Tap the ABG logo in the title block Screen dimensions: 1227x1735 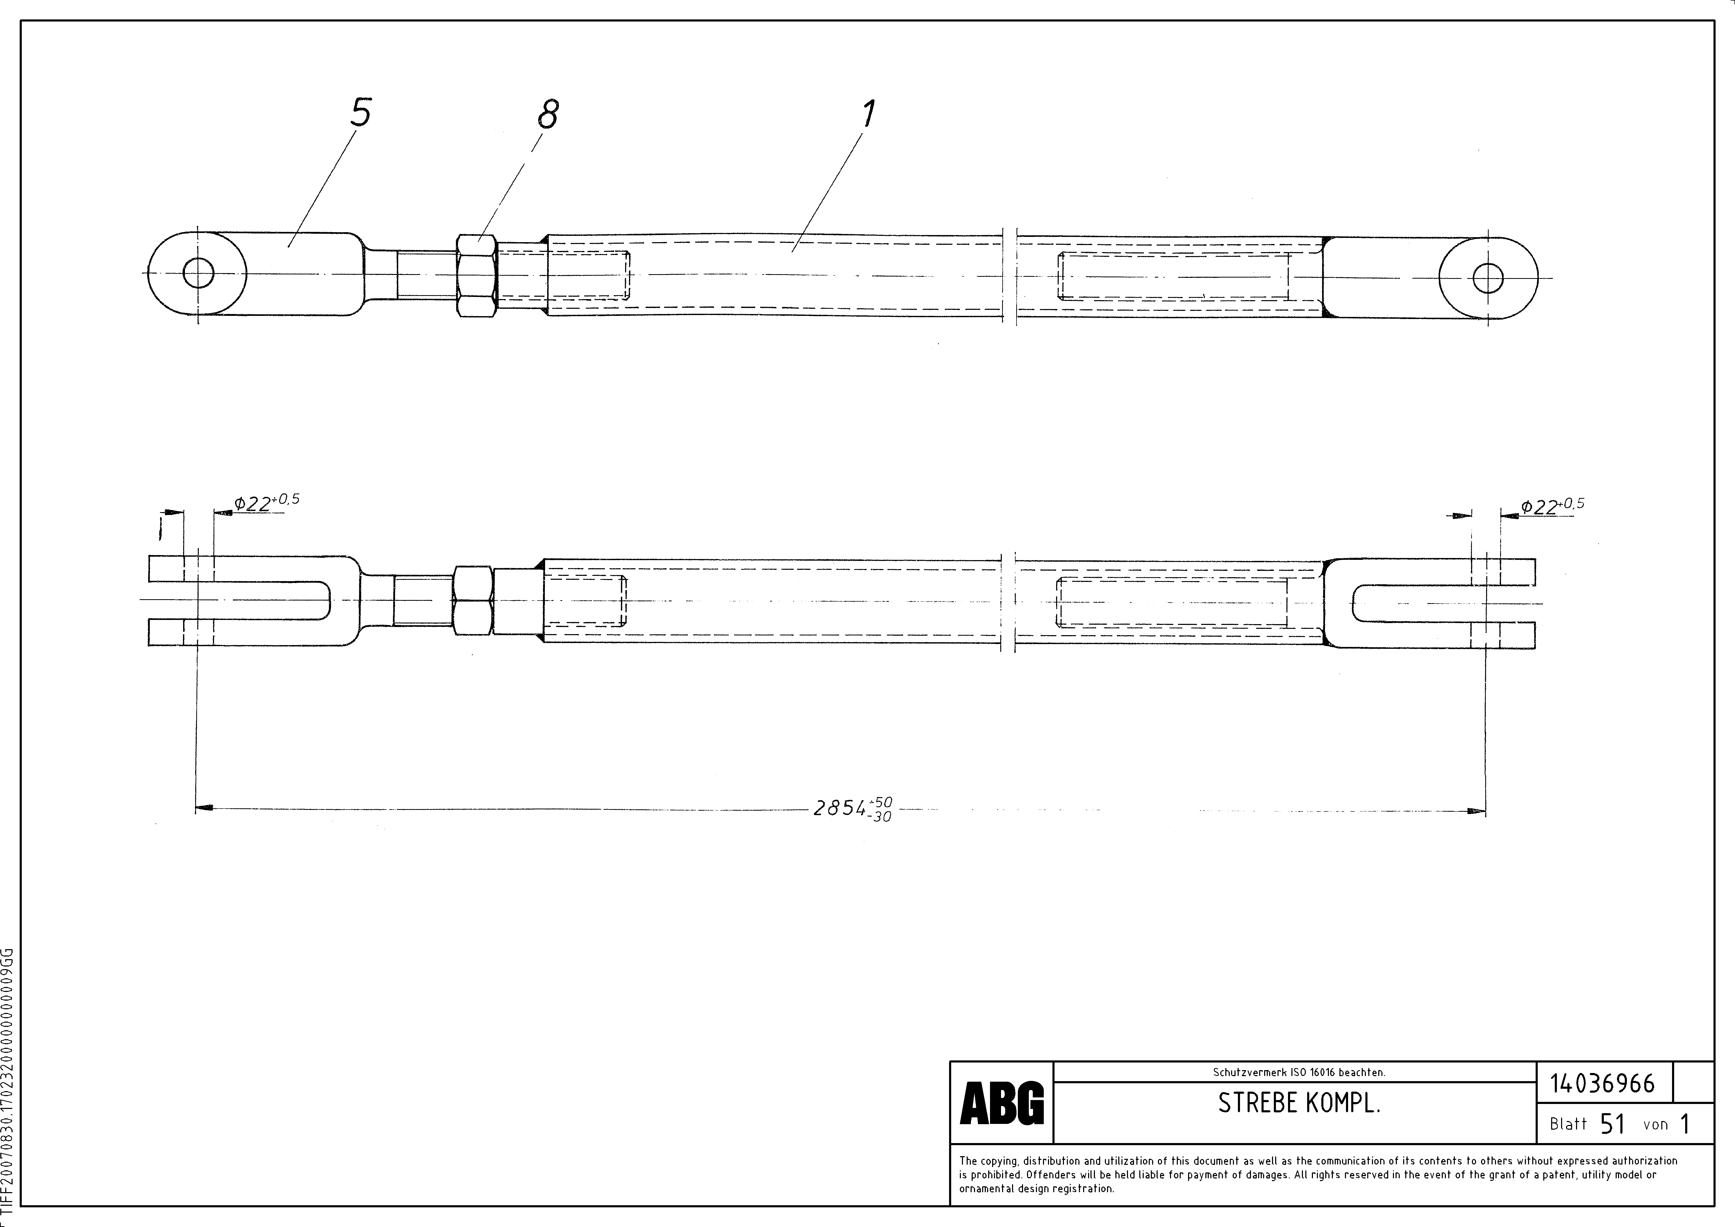tap(1001, 1104)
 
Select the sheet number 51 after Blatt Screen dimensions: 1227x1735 tap(1612, 1124)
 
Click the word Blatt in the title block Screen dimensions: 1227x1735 tap(1568, 1124)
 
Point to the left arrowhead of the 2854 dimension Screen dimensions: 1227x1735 tap(203, 809)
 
